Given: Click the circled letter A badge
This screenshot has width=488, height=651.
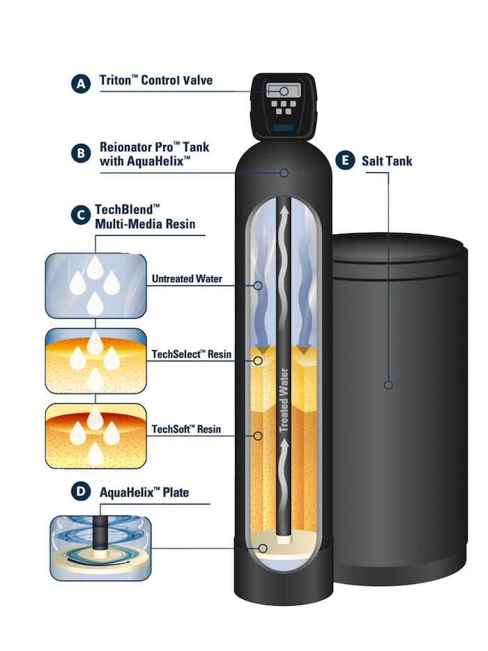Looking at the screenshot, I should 81,84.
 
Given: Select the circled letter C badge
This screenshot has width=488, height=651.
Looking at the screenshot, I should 81,214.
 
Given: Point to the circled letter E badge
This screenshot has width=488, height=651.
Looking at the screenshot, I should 343,160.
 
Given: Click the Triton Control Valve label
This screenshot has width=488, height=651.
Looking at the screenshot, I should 156,81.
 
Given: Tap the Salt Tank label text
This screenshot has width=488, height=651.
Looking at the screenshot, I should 387,161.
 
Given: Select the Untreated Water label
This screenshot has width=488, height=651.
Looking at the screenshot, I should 187,279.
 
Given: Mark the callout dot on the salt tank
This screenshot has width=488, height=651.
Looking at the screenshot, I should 388,384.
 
